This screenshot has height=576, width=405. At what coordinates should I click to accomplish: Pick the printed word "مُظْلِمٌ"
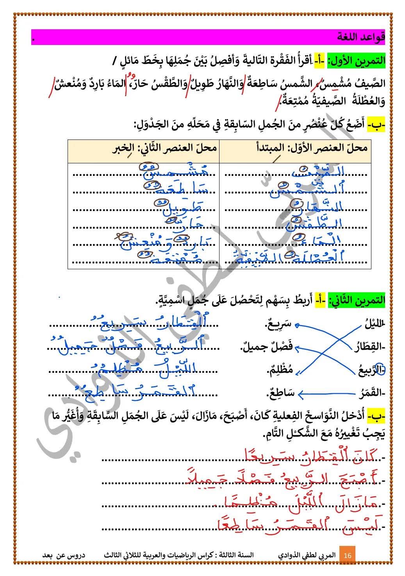click(x=280, y=370)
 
